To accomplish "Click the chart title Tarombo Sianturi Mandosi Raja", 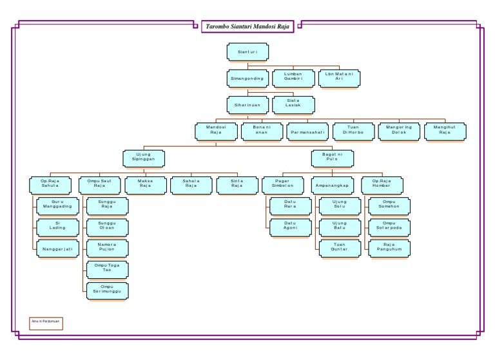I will pyautogui.click(x=247, y=26).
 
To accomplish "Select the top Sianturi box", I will pyautogui.click(x=247, y=52).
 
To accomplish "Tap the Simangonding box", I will pyautogui.click(x=247, y=79).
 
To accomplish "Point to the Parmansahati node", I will pyautogui.click(x=308, y=131).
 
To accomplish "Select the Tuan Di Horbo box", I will pyautogui.click(x=353, y=131).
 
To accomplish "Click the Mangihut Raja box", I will pyautogui.click(x=445, y=131).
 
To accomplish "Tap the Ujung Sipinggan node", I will pyautogui.click(x=143, y=158).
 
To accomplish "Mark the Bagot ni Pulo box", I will pyautogui.click(x=333, y=158).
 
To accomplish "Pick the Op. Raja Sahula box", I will pyautogui.click(x=50, y=185).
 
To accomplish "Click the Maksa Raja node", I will pyautogui.click(x=145, y=185).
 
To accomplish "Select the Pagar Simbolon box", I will pyautogui.click(x=282, y=185).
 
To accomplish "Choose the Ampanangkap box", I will pyautogui.click(x=333, y=185).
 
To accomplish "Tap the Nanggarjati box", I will pyautogui.click(x=57, y=247).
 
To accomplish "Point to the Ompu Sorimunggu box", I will pyautogui.click(x=107, y=290).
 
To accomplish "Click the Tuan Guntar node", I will pyautogui.click(x=339, y=247).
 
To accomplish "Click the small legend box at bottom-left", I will pyautogui.click(x=46, y=323).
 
